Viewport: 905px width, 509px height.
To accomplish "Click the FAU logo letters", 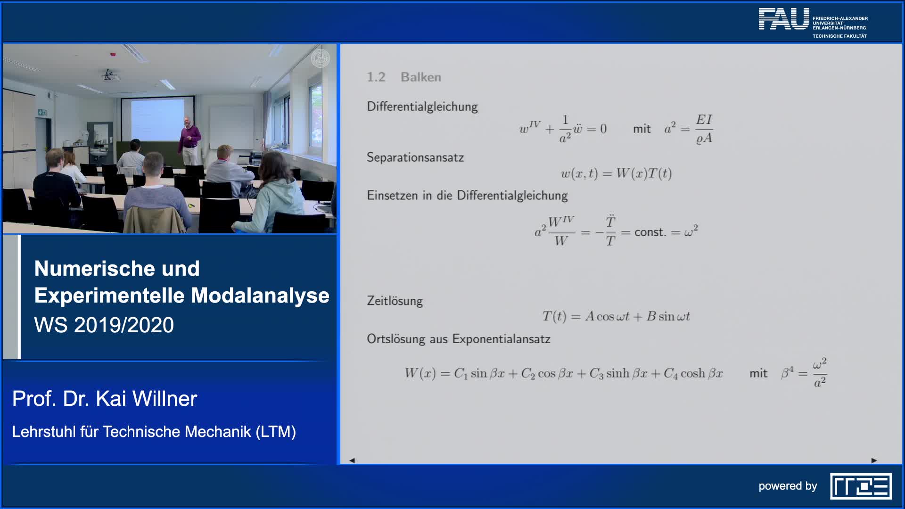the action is pos(783,19).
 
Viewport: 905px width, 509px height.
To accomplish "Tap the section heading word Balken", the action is pos(421,77).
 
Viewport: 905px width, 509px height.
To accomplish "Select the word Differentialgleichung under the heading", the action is pos(422,107).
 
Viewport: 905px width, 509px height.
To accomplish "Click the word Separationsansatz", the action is pos(415,157).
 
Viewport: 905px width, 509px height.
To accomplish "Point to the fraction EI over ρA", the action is pos(704,129).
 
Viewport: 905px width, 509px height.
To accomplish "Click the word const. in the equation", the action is pos(650,232).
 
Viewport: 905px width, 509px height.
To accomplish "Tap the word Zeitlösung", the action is pos(395,301).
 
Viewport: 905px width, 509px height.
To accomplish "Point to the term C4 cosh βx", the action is pos(693,374).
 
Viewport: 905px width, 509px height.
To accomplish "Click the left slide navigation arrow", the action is pos(352,460).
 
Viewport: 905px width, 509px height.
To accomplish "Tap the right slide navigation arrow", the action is pos(874,460).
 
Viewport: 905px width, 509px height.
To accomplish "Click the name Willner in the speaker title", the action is pos(165,399).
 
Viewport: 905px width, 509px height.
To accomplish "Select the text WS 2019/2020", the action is pos(104,325).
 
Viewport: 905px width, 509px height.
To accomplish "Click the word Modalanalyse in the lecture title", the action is pos(260,296).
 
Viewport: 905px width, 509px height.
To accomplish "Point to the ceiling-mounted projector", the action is pos(109,75).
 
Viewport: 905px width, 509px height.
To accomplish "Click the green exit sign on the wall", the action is pos(42,112).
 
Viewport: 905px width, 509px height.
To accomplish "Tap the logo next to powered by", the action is pos(861,486).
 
